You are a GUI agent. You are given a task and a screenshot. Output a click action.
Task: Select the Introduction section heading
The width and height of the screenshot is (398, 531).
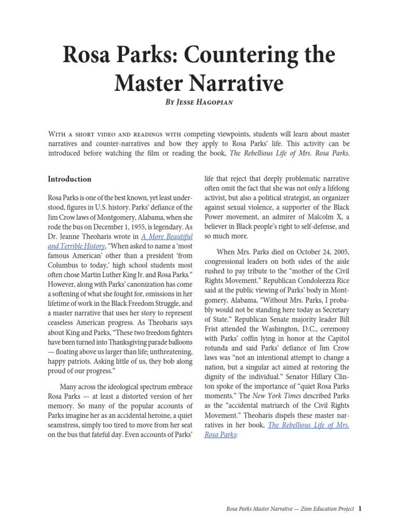(x=69, y=179)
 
